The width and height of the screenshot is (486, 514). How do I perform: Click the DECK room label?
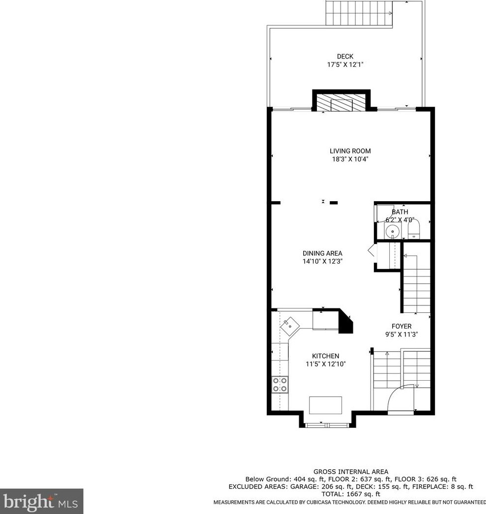click(x=345, y=57)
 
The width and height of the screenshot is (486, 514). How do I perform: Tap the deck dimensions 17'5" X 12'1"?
click(x=345, y=64)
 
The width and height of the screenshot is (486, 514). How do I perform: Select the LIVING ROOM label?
click(x=350, y=151)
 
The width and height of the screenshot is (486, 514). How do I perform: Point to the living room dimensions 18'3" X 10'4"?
click(x=350, y=159)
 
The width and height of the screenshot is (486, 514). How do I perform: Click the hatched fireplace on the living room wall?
click(x=342, y=103)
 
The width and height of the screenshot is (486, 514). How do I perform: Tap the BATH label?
click(x=400, y=212)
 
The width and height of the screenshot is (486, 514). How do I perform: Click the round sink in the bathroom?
click(x=392, y=231)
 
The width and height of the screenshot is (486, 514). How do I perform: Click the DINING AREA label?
click(x=322, y=253)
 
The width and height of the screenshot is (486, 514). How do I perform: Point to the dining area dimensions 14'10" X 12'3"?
click(x=322, y=262)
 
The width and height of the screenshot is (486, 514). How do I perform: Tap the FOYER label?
click(x=401, y=326)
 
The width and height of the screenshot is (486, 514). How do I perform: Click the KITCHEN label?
click(x=325, y=356)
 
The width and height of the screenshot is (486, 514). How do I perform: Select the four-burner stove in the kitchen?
click(x=280, y=384)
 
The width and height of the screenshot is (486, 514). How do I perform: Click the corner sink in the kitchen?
click(x=289, y=324)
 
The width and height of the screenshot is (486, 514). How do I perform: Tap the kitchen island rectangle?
click(x=325, y=405)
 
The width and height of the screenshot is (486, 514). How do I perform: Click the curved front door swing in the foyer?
click(x=399, y=398)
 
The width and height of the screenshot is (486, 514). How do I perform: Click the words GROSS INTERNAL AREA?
click(x=351, y=472)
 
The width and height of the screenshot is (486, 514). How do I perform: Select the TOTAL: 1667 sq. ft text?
click(x=351, y=494)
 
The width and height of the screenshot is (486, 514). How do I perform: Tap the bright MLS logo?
click(x=41, y=501)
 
